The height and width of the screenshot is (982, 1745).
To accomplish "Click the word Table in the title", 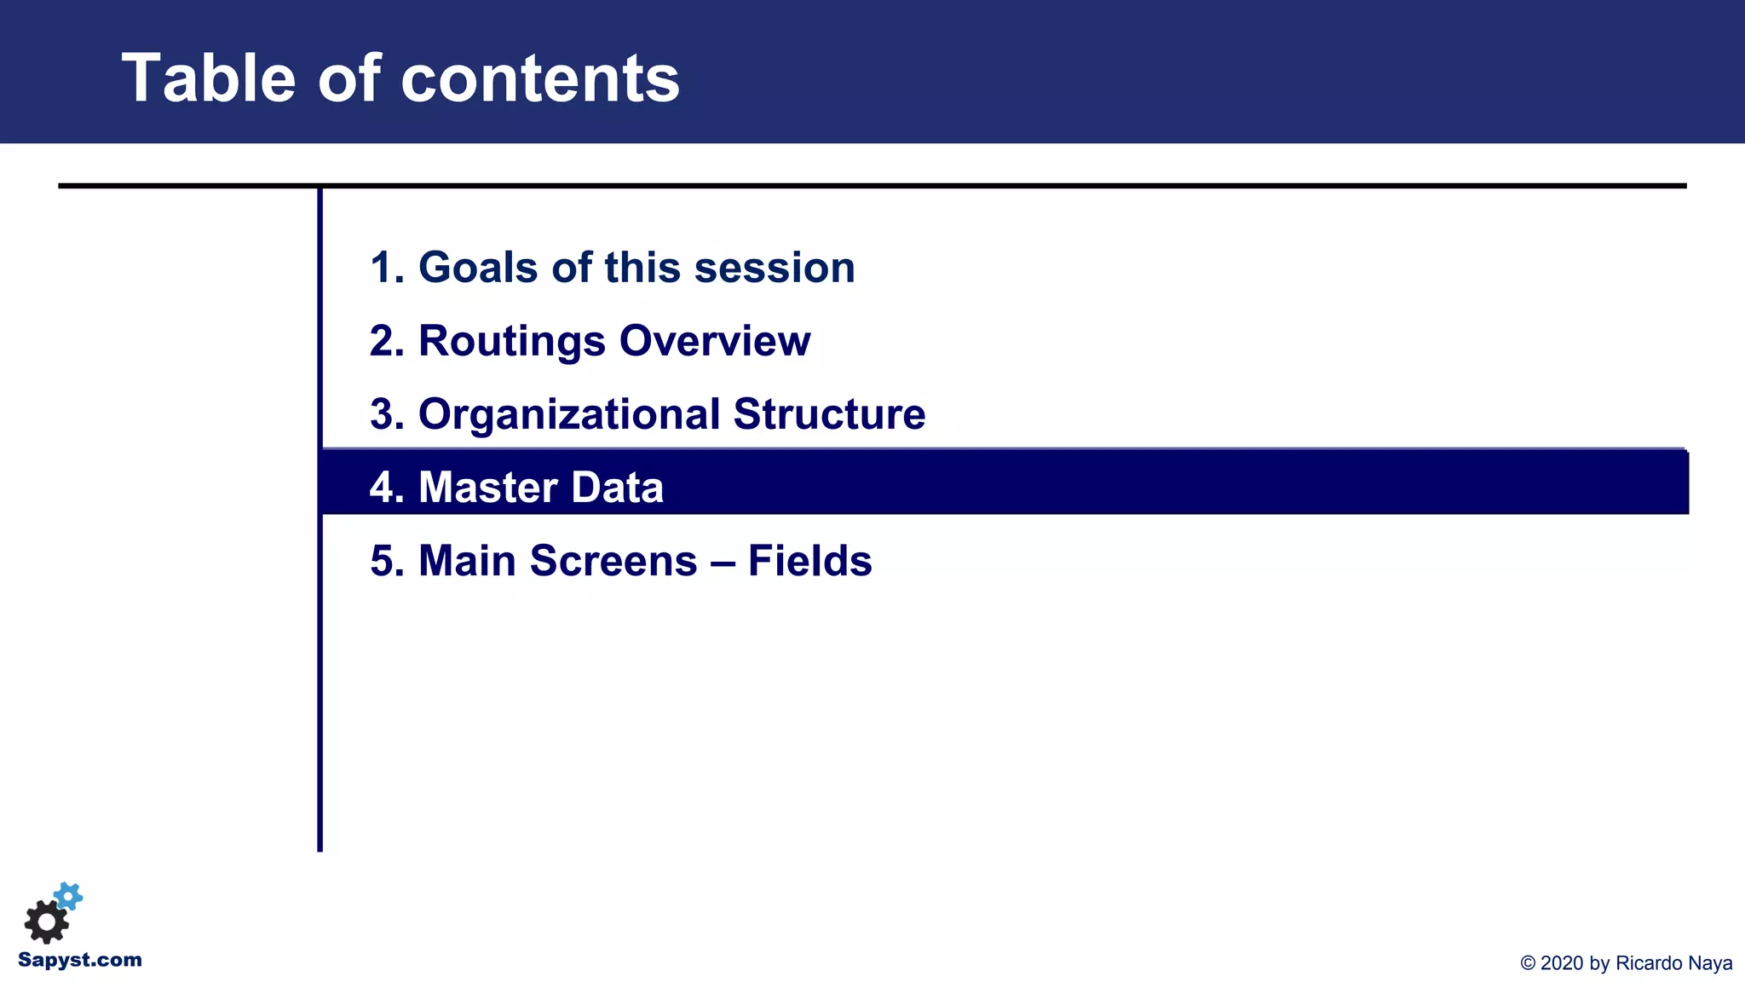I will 208,78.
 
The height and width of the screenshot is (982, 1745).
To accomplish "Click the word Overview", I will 714,341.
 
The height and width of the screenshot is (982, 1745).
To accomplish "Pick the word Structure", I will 828,414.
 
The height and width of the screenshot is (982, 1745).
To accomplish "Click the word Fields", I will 809,561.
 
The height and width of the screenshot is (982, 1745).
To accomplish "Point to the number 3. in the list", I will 387,414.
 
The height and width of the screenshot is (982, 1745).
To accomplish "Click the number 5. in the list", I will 387,561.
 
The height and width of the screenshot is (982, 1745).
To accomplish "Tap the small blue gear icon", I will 68,897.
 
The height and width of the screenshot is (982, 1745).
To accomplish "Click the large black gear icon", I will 46,921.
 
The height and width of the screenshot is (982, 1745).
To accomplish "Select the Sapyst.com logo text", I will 80,960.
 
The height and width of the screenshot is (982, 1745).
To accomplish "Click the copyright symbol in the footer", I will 1528,963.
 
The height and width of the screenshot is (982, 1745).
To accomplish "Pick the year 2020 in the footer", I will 1562,963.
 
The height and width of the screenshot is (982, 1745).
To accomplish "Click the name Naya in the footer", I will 1710,963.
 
